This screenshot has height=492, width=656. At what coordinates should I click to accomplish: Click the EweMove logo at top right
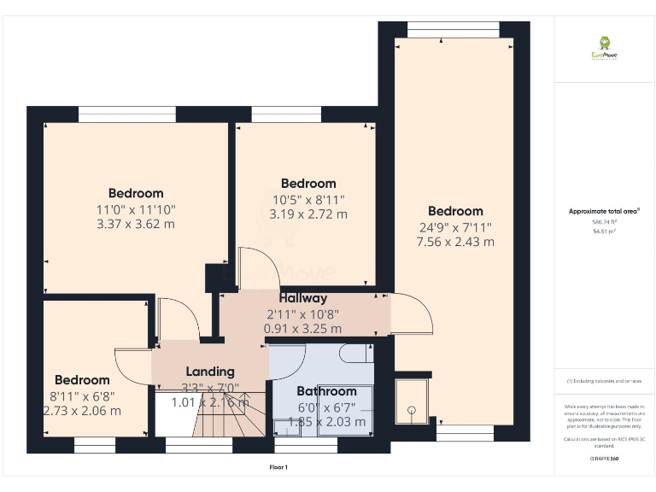pyautogui.click(x=605, y=48)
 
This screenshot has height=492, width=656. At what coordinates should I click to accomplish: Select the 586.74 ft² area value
pyautogui.click(x=604, y=220)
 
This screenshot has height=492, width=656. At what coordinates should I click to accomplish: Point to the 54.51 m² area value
pyautogui.click(x=604, y=230)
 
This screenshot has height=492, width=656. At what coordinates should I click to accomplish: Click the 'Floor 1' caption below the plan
pyautogui.click(x=278, y=467)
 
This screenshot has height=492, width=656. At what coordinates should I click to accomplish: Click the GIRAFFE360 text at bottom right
pyautogui.click(x=604, y=460)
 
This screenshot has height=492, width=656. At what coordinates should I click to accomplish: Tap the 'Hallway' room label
pyautogui.click(x=302, y=299)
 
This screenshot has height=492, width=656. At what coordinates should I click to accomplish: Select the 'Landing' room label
pyautogui.click(x=210, y=372)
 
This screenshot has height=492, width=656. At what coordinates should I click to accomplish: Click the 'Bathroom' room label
pyautogui.click(x=326, y=391)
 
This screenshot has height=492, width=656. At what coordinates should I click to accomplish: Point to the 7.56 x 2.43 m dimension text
pyautogui.click(x=455, y=242)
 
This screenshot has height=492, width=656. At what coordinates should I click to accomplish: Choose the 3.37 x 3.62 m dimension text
pyautogui.click(x=136, y=225)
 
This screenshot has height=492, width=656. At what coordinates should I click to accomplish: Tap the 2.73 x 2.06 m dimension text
pyautogui.click(x=82, y=410)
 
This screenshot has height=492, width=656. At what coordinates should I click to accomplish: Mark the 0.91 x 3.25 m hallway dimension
pyautogui.click(x=302, y=328)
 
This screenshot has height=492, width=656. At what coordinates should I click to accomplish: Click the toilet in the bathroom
pyautogui.click(x=354, y=352)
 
